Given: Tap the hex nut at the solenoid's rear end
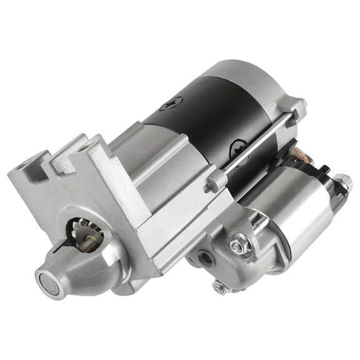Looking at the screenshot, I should click(343, 182).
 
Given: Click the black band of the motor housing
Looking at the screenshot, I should click(206, 119).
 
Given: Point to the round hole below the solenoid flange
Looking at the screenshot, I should click(204, 257).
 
